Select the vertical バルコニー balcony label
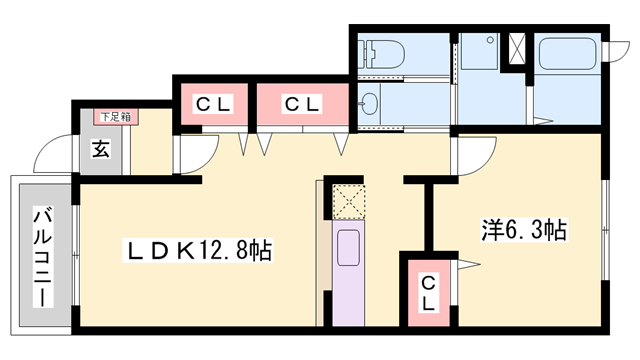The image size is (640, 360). click(43, 256)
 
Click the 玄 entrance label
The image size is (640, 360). click(101, 151)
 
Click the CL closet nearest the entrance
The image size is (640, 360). click(211, 103)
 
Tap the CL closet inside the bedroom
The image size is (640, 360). click(427, 290)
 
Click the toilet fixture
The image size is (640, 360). click(381, 55)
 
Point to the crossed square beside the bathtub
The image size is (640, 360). click(518, 49)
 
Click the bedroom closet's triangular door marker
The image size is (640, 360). click(466, 264)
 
